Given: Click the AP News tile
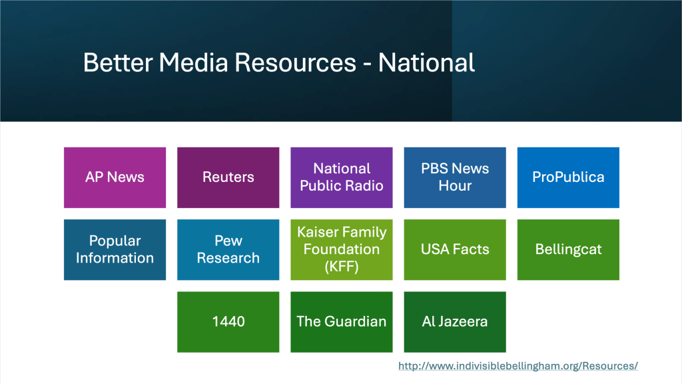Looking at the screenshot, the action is point(115,177).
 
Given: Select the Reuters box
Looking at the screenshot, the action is point(228,177).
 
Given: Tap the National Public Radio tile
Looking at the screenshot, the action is point(342,177).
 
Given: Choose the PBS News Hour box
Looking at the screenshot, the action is point(455,177).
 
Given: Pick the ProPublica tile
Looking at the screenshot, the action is point(568,177).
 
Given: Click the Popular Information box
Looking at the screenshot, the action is point(115,249).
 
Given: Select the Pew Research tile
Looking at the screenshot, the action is point(228,249).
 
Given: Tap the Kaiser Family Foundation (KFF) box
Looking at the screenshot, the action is point(342,249).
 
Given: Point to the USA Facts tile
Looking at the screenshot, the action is point(455,249).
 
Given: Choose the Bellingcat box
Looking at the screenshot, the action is point(568,249).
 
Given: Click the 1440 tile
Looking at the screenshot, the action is point(228,322).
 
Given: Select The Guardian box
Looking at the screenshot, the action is point(342,322).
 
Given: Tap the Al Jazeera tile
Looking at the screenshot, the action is point(455,322).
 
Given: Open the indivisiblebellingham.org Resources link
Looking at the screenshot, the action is point(518,366).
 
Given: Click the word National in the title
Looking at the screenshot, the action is point(426,63).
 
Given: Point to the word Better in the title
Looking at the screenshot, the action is point(117,63).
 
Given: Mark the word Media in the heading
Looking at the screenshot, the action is point(193,63).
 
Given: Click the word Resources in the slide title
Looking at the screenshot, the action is point(295,63).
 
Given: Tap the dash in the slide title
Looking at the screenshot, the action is point(368,65).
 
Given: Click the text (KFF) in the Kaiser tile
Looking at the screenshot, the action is point(342,266).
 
